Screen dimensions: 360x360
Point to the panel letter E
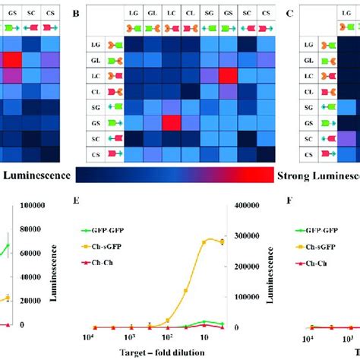click(75, 202)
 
